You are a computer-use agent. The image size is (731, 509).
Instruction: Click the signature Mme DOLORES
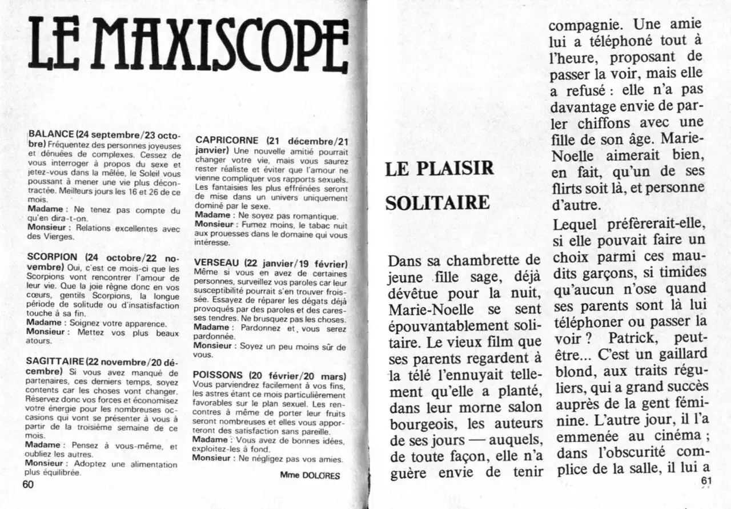click(310, 475)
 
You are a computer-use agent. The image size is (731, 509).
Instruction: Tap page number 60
click(29, 485)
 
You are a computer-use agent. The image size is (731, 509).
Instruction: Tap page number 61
click(706, 481)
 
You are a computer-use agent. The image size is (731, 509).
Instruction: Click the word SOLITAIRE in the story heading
click(437, 203)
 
